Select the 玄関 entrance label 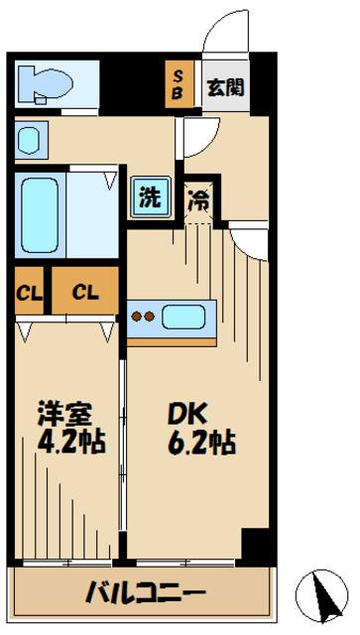225,87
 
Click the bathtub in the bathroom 40,217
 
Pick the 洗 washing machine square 148,196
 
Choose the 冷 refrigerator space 198,198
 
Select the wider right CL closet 84,293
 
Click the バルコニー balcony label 145,593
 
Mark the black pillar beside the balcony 256,545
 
